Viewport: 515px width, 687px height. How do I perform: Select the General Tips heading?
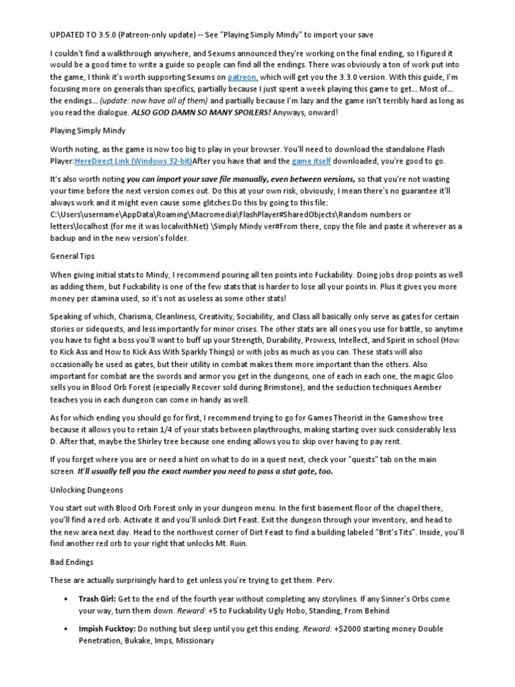pos(72,256)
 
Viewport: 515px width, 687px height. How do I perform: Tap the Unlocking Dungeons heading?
pos(87,490)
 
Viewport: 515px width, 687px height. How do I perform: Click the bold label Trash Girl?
pos(97,598)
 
